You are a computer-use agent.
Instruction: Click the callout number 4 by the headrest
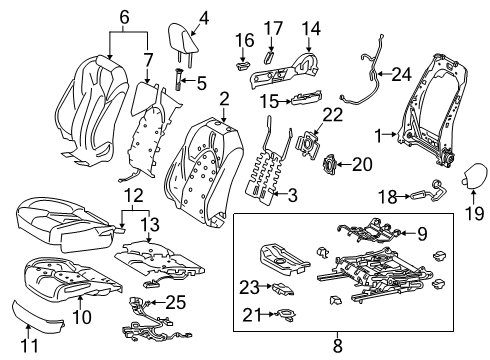[203, 16]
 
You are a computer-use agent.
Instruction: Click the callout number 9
[421, 235]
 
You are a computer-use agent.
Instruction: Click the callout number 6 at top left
[123, 16]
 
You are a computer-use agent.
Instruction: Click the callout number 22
[333, 116]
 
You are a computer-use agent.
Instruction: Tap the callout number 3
[293, 195]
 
